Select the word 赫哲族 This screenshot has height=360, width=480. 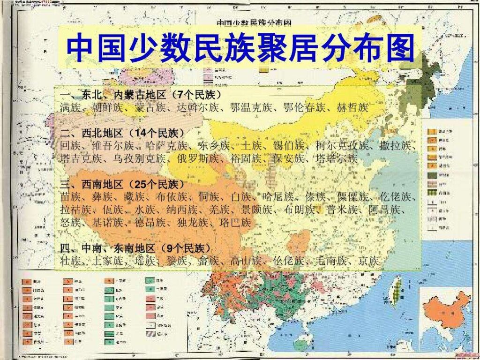pyautogui.click(x=352, y=108)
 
